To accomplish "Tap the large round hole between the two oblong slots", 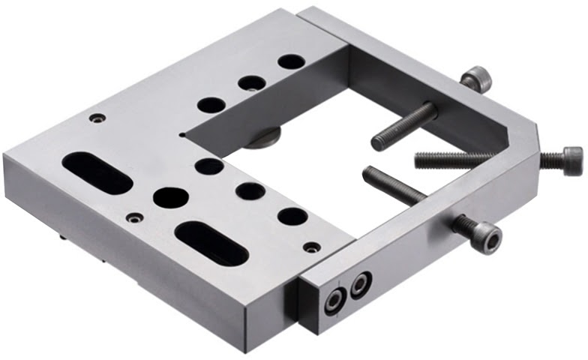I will pyautogui.click(x=171, y=197).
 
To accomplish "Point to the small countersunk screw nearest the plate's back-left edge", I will pyautogui.click(x=96, y=118).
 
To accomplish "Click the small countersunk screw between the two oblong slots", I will pyautogui.click(x=134, y=218).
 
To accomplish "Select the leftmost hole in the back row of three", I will pyautogui.click(x=211, y=105).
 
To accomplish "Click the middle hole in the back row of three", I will pyautogui.click(x=252, y=82).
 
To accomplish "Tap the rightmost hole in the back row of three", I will pyautogui.click(x=290, y=61).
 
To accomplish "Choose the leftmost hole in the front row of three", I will pyautogui.click(x=209, y=166).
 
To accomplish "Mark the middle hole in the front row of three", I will pyautogui.click(x=250, y=191).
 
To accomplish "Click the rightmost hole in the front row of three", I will pyautogui.click(x=292, y=217).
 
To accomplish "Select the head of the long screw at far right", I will pyautogui.click(x=562, y=160).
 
